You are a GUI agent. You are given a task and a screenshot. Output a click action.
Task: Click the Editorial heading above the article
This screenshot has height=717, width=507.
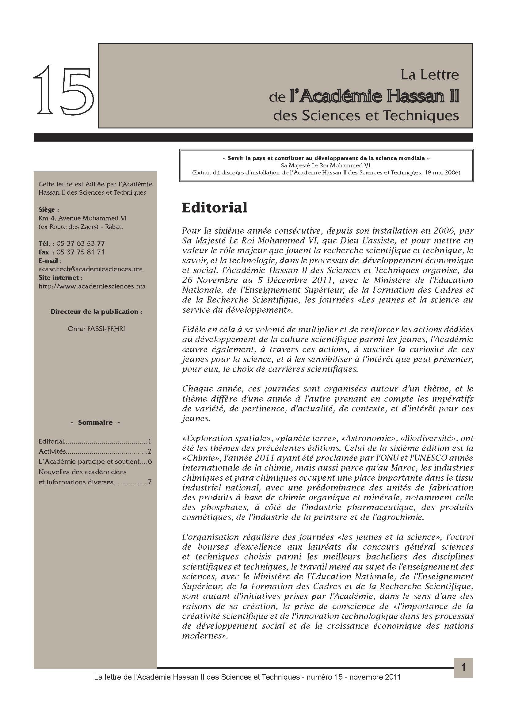click(215, 207)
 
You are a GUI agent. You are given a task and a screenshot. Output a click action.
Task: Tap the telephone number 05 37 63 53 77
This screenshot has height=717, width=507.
click(81, 244)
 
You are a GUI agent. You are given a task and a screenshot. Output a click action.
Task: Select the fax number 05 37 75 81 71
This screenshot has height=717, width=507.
click(81, 252)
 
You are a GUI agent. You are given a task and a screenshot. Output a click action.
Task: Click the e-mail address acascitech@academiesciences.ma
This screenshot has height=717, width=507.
click(90, 269)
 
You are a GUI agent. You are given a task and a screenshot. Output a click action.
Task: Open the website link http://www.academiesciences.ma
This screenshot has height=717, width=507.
click(92, 286)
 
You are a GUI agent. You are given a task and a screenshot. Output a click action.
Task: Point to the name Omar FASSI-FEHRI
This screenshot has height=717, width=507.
click(96, 329)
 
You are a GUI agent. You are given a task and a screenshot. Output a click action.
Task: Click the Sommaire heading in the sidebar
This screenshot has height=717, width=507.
click(95, 422)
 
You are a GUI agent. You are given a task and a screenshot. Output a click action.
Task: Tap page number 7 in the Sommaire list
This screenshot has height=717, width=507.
click(150, 482)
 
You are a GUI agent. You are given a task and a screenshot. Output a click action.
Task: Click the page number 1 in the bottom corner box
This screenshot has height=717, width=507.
click(463, 667)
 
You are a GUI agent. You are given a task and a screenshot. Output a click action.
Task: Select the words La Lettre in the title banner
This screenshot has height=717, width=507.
click(429, 75)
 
